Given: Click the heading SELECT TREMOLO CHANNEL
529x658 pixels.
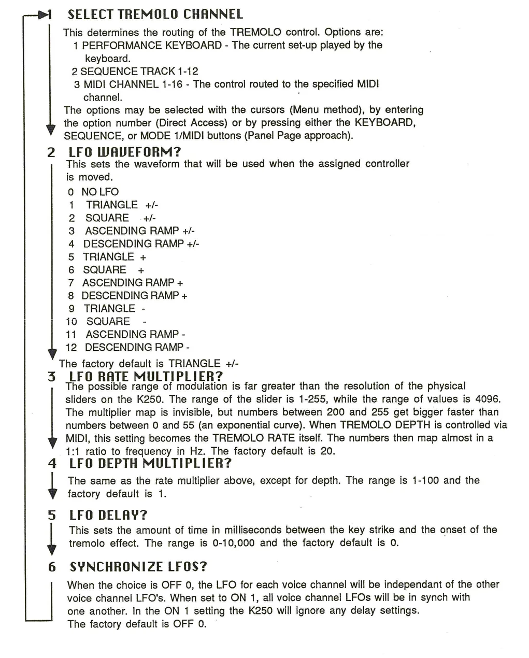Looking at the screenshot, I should click(155, 14).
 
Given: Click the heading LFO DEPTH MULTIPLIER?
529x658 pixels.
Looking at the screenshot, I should click(150, 463).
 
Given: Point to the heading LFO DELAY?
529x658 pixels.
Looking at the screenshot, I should click(108, 515).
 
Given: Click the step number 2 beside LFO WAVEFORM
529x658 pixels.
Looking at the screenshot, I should click(51, 152).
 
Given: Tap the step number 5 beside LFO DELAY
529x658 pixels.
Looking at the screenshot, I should click(51, 515).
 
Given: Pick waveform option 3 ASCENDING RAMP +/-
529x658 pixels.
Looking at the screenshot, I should click(132, 231).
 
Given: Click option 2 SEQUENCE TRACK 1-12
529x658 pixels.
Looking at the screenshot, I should click(135, 71).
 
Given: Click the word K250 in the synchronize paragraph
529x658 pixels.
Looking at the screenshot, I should click(261, 610).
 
